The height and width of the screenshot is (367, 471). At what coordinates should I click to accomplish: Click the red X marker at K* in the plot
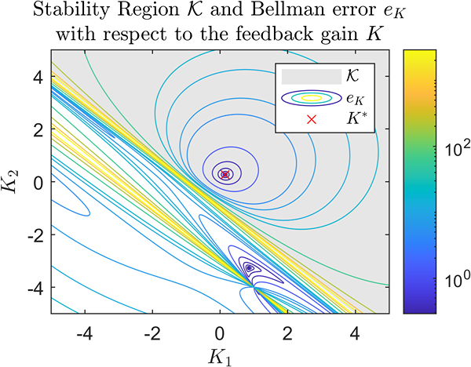point(225,175)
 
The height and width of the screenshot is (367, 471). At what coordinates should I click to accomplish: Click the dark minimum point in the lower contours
point(249,267)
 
